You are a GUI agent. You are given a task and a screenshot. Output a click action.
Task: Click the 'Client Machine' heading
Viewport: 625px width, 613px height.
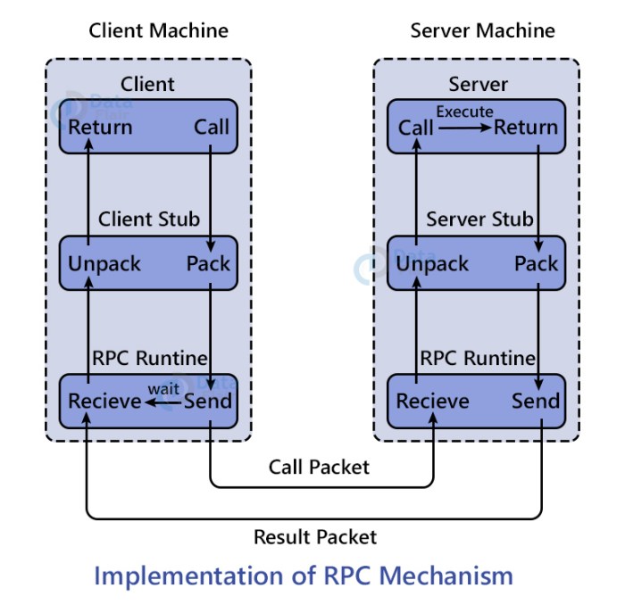pos(158,30)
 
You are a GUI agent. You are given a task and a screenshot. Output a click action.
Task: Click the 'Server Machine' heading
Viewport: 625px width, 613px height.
pos(482,30)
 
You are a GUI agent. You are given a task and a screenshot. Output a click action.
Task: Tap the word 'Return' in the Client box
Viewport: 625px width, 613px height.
pos(100,127)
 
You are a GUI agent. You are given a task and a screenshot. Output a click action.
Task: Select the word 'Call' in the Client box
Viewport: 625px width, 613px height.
pos(212,127)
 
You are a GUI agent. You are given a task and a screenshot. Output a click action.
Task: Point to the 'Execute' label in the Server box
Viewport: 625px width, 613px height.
pos(463,112)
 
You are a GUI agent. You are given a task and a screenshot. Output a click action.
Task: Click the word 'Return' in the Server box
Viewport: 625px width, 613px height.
pos(526,128)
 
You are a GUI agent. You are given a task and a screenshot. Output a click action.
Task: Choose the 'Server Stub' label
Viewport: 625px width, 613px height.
pos(479,219)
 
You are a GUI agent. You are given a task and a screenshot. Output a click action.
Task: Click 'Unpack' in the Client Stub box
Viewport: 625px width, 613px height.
pos(104,264)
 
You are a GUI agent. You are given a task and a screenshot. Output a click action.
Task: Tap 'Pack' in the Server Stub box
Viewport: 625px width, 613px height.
pos(536,264)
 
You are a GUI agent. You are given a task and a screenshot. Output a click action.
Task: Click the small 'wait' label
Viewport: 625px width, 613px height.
pos(163,388)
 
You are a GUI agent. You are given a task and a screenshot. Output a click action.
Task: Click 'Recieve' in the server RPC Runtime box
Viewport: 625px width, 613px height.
pos(432,402)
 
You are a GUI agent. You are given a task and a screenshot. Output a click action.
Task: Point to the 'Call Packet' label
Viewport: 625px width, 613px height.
pos(319,467)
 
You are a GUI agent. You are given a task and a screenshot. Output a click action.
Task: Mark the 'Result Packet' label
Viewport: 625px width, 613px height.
pos(315,536)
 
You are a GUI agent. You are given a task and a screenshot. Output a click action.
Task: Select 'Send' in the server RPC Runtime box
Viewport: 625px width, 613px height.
pos(536,402)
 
